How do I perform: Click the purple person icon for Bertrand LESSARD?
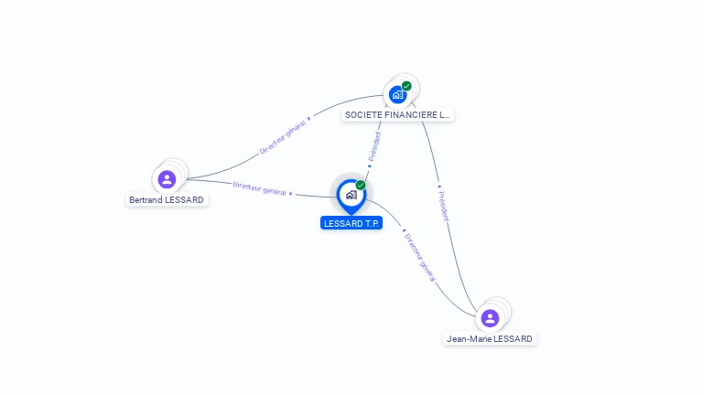167,179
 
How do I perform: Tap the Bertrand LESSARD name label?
167,199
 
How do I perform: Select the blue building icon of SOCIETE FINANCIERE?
397,94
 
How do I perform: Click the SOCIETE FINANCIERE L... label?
397,114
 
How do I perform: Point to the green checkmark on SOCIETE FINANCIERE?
406,86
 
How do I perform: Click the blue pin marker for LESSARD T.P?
351,197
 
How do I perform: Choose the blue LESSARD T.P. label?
351,223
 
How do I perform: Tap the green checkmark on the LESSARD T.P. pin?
361,185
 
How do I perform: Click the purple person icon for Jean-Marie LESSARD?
490,318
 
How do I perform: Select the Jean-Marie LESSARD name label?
490,339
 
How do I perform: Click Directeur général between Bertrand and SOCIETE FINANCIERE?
283,136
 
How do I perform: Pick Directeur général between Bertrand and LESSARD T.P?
259,188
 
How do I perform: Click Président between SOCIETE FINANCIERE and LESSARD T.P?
374,146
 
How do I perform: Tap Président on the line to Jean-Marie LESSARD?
443,206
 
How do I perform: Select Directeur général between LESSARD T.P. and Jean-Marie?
420,258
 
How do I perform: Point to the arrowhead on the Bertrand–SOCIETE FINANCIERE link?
308,119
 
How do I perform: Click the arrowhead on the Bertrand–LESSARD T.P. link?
291,194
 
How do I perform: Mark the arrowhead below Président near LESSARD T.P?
370,166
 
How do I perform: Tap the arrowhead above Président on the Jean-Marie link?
439,186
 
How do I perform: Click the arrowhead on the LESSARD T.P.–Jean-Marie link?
404,230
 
